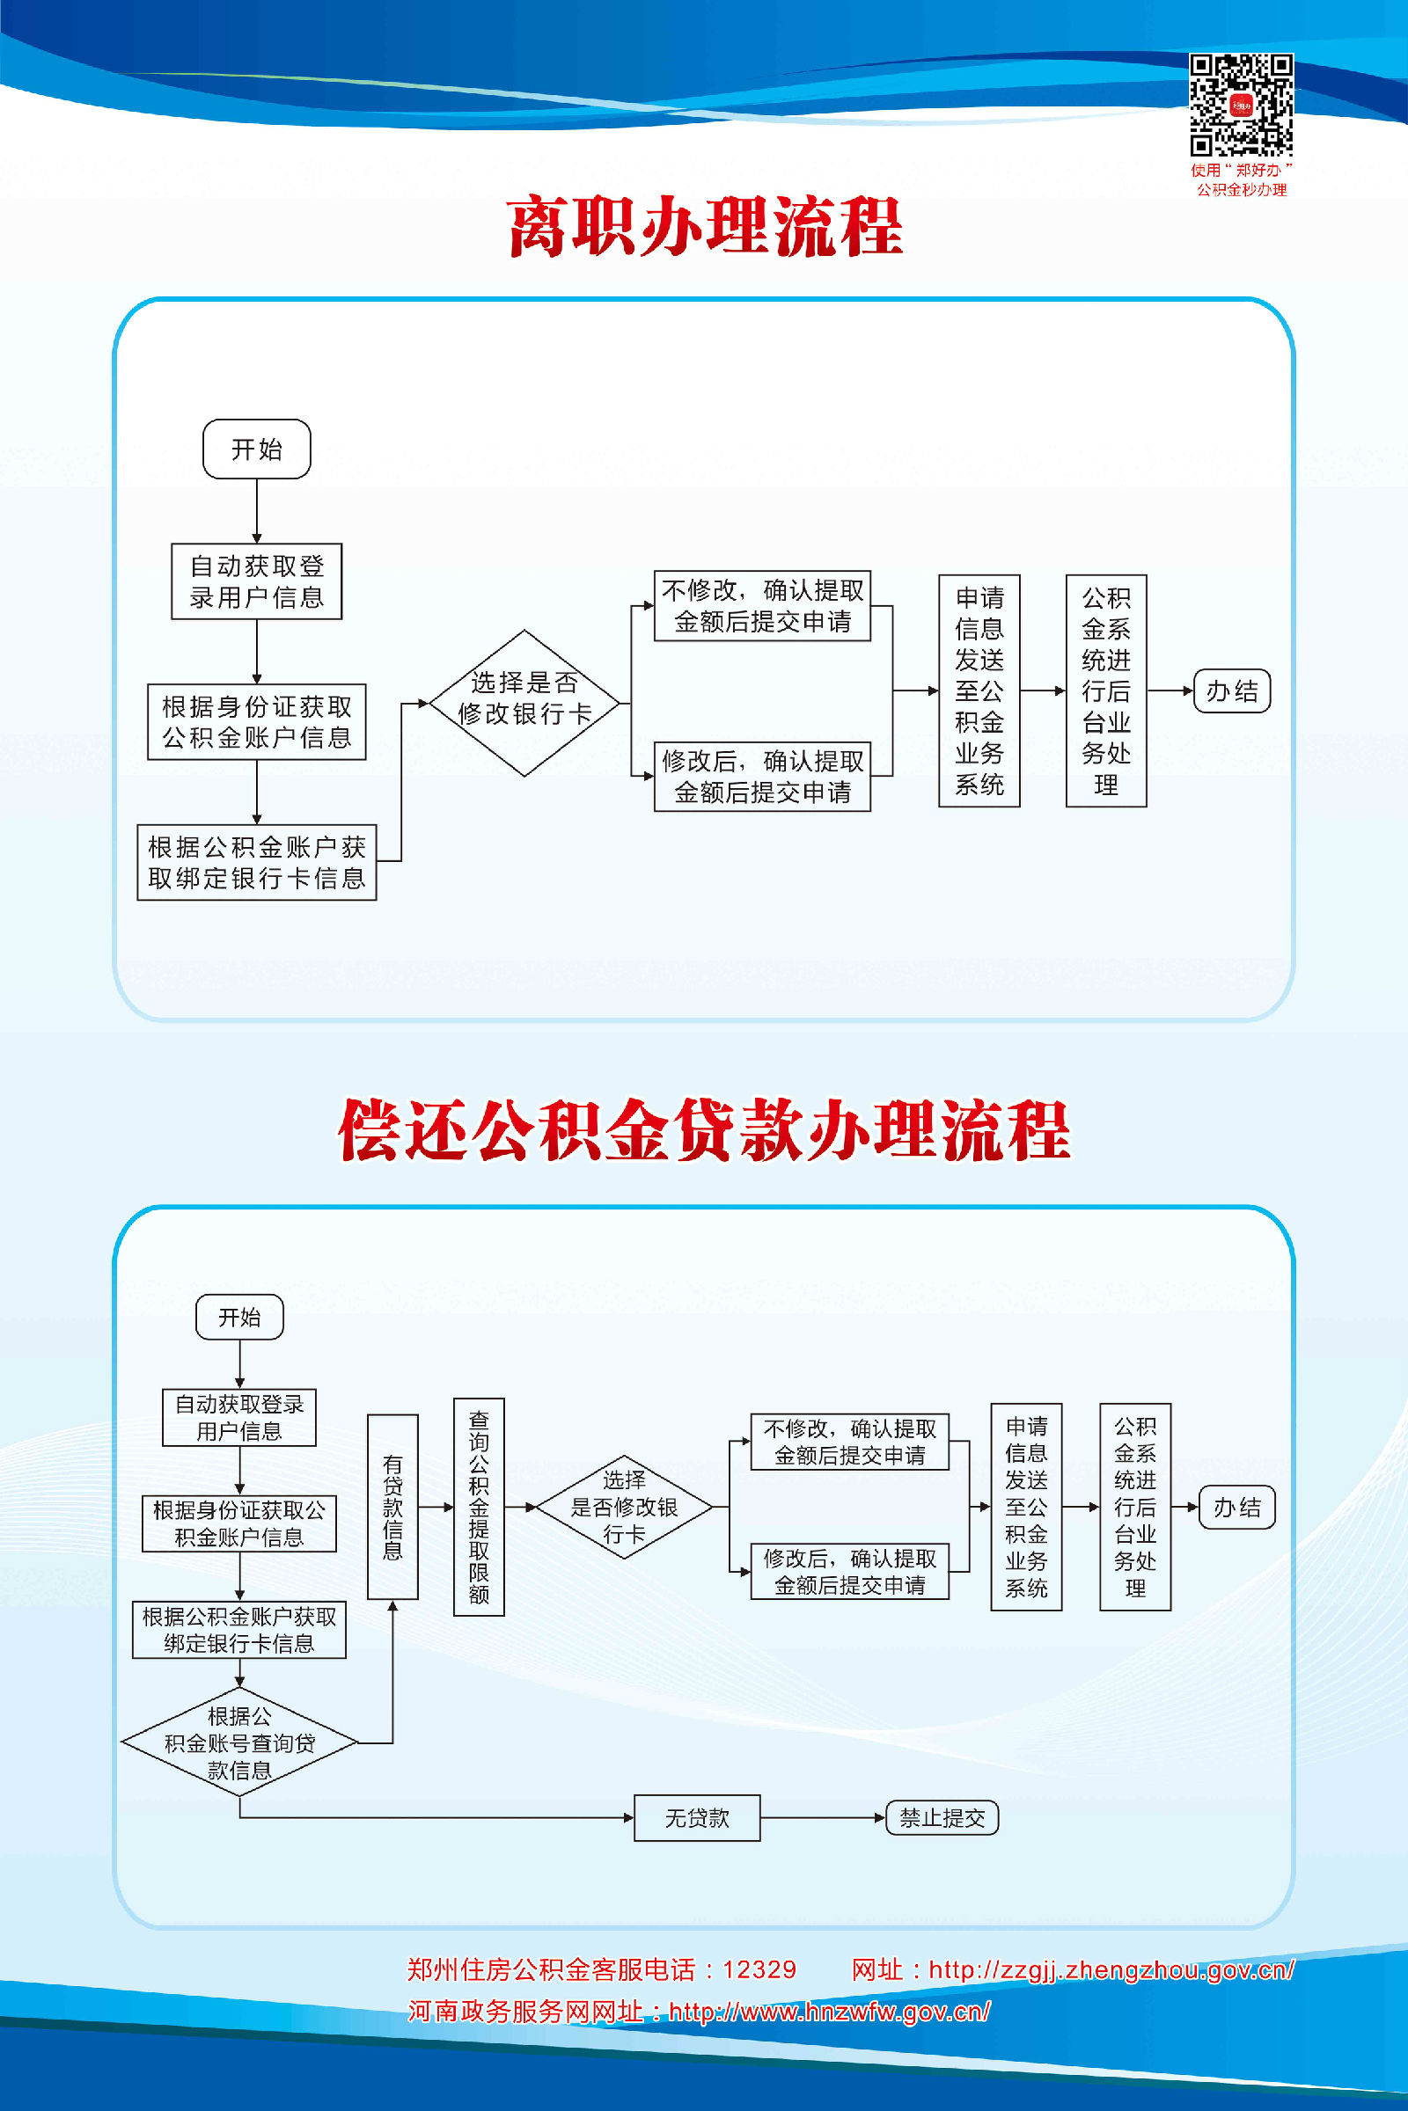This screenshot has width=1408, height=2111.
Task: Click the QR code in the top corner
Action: coord(1241,105)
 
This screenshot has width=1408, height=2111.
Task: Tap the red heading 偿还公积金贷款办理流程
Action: coord(704,1130)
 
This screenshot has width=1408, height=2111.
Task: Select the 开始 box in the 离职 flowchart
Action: coord(257,449)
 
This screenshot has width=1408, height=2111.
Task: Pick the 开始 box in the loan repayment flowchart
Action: coord(239,1317)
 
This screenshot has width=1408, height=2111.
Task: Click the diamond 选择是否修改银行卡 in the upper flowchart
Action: coord(524,703)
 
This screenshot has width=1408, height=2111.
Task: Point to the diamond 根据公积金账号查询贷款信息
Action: coord(239,1742)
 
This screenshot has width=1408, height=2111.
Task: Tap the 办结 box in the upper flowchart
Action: coord(1232,691)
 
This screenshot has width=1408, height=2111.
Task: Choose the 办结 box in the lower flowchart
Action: coord(1236,1507)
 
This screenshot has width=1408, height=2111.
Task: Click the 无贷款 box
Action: coord(697,1817)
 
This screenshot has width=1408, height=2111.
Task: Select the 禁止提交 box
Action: coord(942,1817)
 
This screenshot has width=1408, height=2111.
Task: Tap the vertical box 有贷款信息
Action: coord(392,1507)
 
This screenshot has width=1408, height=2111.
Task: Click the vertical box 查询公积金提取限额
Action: coord(479,1507)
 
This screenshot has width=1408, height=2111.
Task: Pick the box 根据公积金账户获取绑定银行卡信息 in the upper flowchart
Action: coord(257,863)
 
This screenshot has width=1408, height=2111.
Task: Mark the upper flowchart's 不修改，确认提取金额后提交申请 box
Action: coord(762,606)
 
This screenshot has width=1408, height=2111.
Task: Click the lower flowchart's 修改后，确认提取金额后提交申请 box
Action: coord(849,1572)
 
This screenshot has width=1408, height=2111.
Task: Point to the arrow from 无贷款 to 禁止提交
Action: coord(823,1817)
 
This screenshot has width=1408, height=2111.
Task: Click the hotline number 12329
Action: coord(759,1969)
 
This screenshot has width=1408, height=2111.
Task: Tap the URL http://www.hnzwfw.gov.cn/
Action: coord(830,2012)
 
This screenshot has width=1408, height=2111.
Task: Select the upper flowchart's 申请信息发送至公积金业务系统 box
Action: coord(979,691)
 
